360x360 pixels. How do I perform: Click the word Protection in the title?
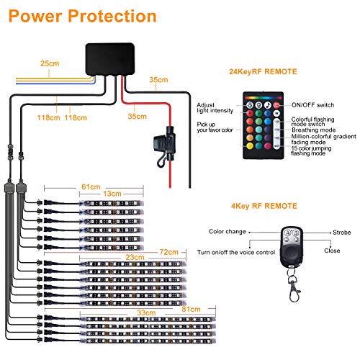[x=112, y=16]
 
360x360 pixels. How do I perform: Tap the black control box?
[x=110, y=59]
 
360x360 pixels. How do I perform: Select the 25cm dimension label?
[x=50, y=63]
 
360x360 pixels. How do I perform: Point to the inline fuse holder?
[x=166, y=146]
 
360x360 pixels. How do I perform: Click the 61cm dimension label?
[x=91, y=186]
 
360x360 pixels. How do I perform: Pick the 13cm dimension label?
[x=112, y=194]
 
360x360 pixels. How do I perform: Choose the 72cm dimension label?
[x=169, y=252]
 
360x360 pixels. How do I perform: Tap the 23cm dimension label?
[x=135, y=257]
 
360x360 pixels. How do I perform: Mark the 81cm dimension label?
[x=191, y=309]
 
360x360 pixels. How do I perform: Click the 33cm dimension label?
[x=146, y=312]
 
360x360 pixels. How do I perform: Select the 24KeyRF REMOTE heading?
[x=263, y=71]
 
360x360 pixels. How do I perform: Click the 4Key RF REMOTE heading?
[x=264, y=206]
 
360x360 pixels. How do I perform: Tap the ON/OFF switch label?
[x=313, y=105]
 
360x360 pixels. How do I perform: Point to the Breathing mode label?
[x=314, y=130]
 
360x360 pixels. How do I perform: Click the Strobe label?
[x=342, y=233]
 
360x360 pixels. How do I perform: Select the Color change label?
[x=228, y=232]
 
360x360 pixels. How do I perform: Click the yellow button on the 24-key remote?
[x=250, y=145]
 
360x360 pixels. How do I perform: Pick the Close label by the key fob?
[x=332, y=251]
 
